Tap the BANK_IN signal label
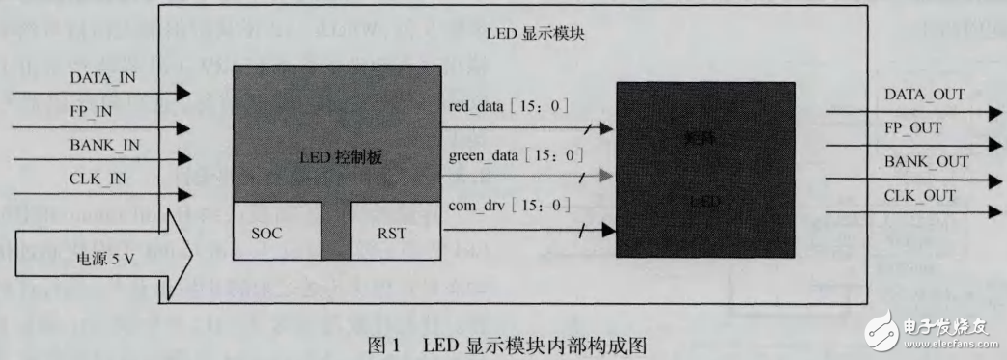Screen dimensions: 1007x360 [104, 146]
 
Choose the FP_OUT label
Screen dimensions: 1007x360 [913, 127]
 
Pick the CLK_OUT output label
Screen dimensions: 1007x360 [918, 196]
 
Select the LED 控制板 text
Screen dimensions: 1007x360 [336, 157]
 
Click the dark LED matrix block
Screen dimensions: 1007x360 [707, 168]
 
